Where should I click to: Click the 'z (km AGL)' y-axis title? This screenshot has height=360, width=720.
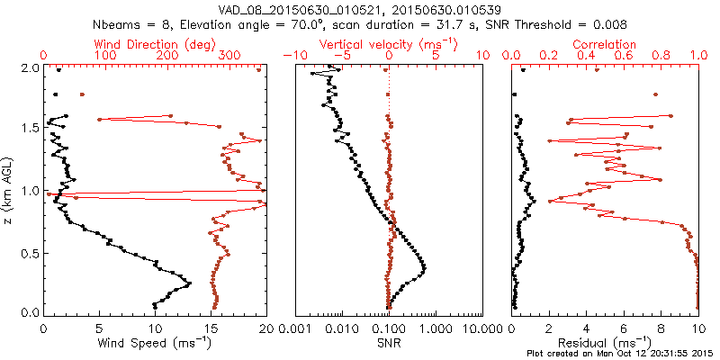[10, 190]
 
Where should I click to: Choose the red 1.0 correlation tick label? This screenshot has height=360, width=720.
[698, 55]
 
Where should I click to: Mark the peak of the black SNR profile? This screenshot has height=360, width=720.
[424, 268]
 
